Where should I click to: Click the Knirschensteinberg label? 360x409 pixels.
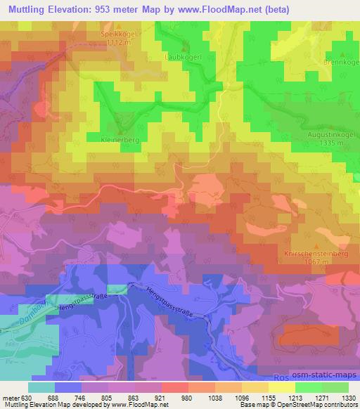316,252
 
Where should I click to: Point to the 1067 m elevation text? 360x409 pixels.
316,261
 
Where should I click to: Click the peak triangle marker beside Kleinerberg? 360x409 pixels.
120,132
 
